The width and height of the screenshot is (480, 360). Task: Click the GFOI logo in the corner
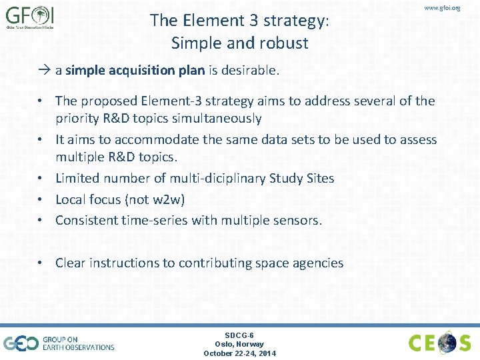click(30, 18)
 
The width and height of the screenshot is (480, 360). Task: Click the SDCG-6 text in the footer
click(239, 335)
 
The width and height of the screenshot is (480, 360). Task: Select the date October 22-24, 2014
click(239, 353)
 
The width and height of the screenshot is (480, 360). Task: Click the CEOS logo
click(440, 343)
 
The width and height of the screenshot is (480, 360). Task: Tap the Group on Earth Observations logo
click(59, 343)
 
